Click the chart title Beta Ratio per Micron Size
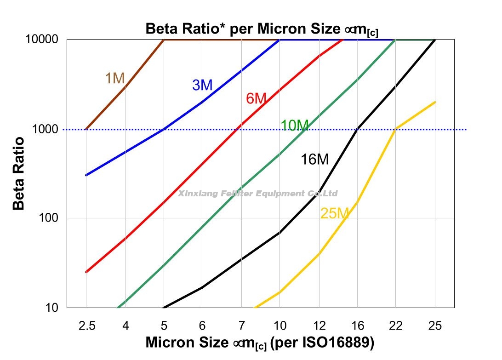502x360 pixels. [x=262, y=29]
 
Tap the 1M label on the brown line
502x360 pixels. [x=115, y=79]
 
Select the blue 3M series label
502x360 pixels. [x=202, y=85]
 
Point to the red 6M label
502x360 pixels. [x=256, y=98]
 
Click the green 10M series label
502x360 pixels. [x=294, y=125]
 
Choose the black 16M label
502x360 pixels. [x=315, y=160]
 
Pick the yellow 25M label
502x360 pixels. [x=335, y=213]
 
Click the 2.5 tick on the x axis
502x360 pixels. [x=86, y=326]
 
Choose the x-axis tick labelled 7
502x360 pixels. [x=241, y=326]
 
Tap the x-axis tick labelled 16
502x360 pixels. [x=357, y=326]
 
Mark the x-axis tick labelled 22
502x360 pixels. [x=396, y=326]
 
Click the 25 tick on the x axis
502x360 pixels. [x=435, y=326]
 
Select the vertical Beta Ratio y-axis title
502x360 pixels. [x=18, y=173]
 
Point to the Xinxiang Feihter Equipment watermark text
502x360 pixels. [x=258, y=194]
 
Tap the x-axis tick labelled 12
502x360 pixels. [x=319, y=326]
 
